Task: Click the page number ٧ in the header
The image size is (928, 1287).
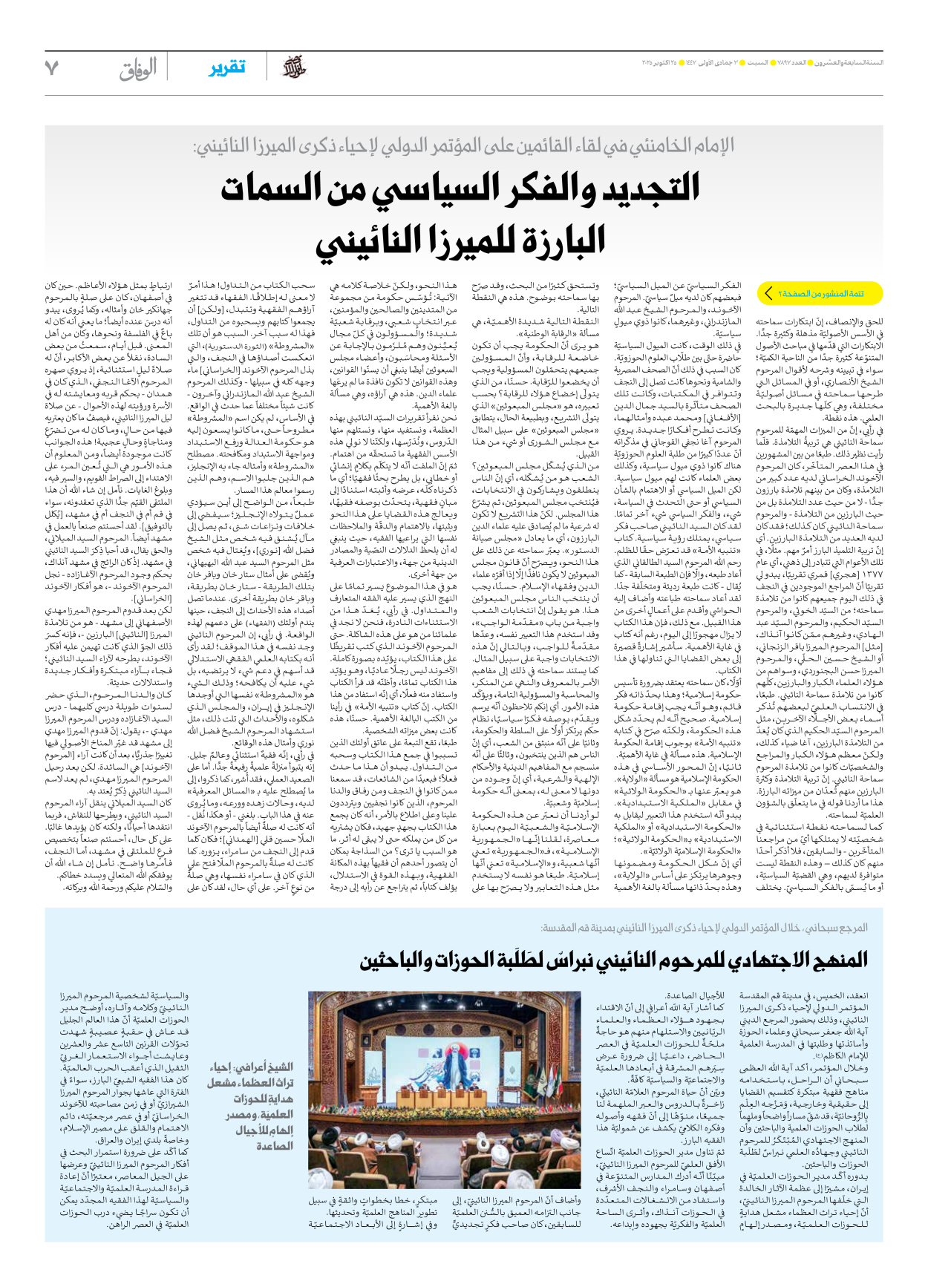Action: [x=50, y=68]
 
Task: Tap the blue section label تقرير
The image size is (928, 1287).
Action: [x=226, y=68]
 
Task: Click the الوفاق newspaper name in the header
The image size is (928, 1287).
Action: [x=139, y=68]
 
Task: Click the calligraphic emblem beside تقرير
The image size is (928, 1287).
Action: [x=294, y=68]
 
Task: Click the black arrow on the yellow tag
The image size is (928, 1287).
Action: [x=769, y=294]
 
